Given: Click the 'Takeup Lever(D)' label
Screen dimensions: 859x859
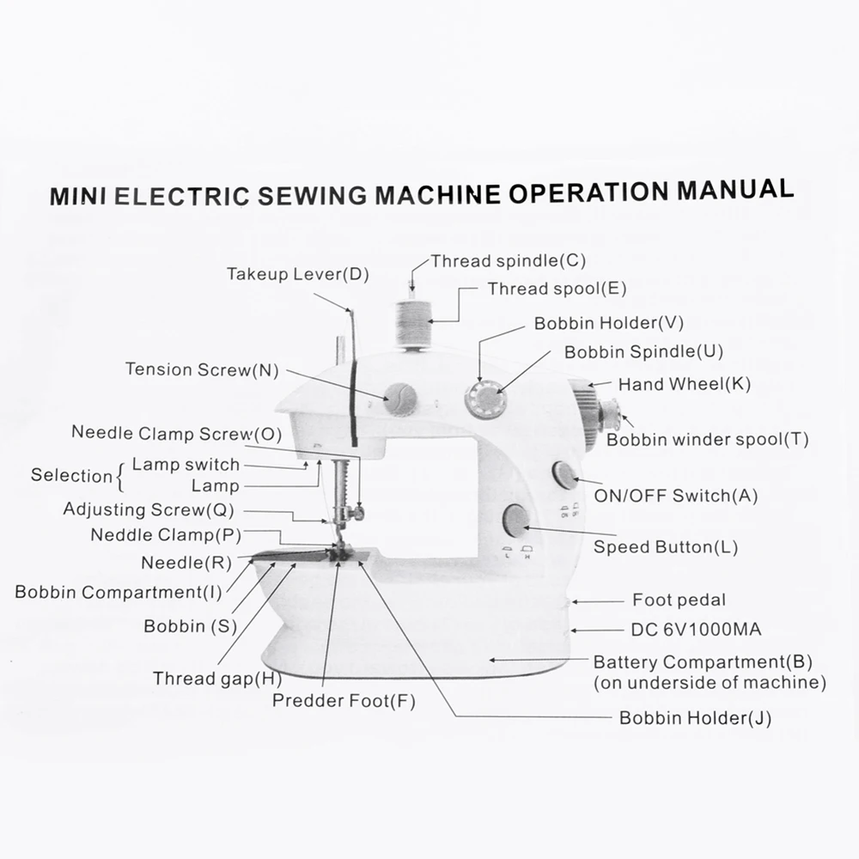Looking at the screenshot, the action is tap(297, 275).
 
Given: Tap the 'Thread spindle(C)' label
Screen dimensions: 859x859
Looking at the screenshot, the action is tap(508, 260).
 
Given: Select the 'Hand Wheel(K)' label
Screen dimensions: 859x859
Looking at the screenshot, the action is tap(684, 384).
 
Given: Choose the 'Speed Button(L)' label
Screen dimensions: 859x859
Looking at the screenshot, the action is tap(666, 547).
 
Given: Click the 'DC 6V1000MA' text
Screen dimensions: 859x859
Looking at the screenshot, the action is tap(696, 630).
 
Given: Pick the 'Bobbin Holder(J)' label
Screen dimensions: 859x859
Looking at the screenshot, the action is tap(695, 718).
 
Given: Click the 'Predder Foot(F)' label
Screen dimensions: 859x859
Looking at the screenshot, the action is tap(344, 700).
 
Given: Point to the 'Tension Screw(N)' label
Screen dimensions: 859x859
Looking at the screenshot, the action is tap(202, 370).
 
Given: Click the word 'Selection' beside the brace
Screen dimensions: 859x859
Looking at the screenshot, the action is tap(71, 475).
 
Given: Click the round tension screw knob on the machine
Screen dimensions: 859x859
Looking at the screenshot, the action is tap(399, 399).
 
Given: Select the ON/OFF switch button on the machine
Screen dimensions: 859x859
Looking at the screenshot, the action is tap(564, 474).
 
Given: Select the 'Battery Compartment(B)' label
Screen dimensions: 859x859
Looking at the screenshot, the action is tap(703, 662).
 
